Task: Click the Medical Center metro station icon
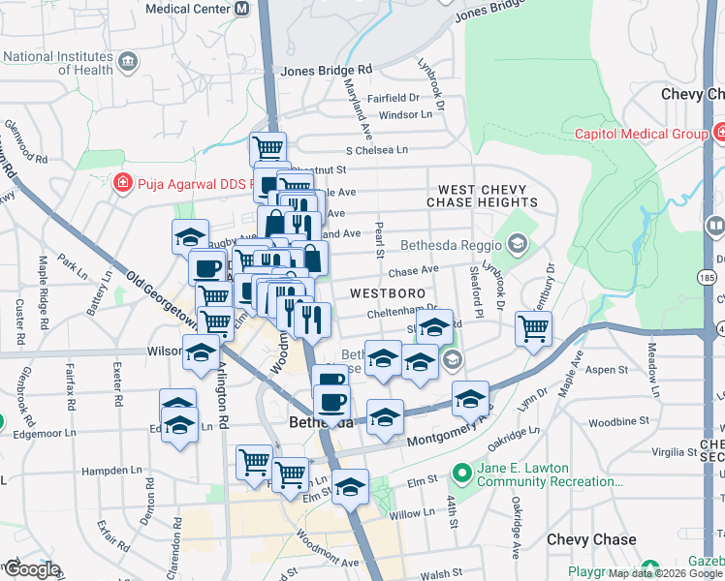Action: (x=241, y=8)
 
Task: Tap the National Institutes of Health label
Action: (x=58, y=63)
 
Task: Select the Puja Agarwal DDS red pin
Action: (x=123, y=182)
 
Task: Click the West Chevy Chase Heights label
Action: (x=482, y=196)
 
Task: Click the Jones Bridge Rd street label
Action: (x=326, y=71)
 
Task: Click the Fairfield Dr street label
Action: (x=392, y=97)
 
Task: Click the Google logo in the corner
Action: (x=31, y=569)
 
